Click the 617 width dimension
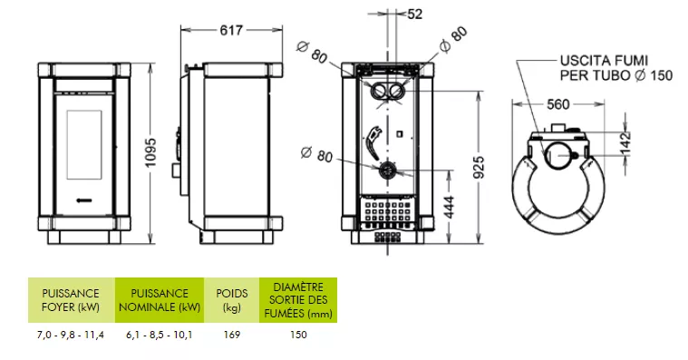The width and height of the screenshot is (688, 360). (x=231, y=30)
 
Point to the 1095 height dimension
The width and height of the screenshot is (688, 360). (x=150, y=152)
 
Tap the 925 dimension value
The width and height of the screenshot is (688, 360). (x=480, y=167)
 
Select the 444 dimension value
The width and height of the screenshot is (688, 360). (x=450, y=208)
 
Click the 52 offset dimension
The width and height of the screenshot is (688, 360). (x=414, y=14)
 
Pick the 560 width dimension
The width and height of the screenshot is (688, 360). (x=558, y=104)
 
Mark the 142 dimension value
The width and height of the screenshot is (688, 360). (x=625, y=142)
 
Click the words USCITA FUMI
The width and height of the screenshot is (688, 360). (x=604, y=61)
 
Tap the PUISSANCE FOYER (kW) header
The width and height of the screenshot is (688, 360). (x=71, y=300)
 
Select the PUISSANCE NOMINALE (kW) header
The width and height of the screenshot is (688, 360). (x=160, y=300)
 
